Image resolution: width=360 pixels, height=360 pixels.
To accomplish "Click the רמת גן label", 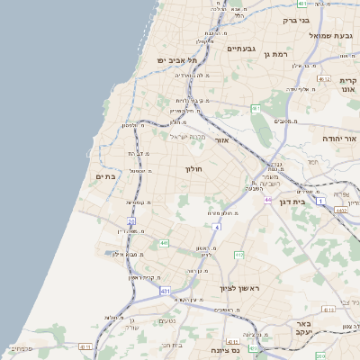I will pos(274,54).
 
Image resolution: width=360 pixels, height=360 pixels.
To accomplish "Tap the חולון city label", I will pos(194,169).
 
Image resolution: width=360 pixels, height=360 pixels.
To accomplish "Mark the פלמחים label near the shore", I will pos(22,347).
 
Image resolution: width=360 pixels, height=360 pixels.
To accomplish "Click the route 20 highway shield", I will pos(131,220).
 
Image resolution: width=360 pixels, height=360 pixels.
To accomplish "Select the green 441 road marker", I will pos(163,243).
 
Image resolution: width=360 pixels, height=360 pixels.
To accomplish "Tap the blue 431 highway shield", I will pos(166,292).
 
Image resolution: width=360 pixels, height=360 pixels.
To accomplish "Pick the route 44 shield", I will pos(267,199).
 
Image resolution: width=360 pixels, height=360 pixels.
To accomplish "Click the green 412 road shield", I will pos(239,256).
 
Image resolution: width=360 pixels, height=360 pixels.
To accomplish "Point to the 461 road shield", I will pos(256,109).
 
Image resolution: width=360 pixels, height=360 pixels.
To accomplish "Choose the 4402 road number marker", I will pos(339,210).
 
